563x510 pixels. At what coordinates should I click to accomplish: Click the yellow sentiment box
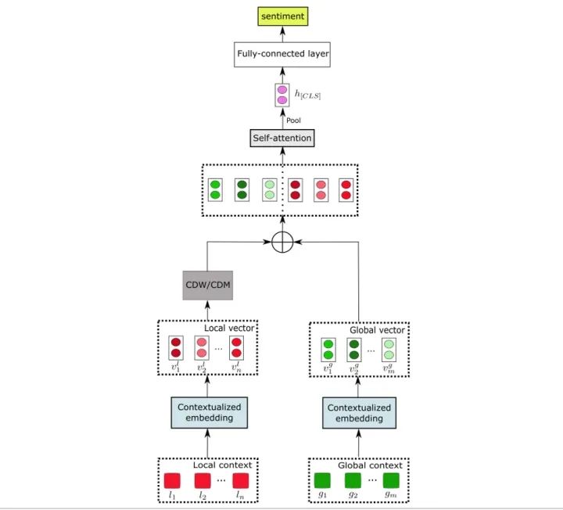(282, 15)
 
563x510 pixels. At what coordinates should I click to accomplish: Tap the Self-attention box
(282, 138)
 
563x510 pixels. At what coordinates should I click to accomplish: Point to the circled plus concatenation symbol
(282, 242)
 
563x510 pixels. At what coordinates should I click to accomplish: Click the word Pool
(293, 120)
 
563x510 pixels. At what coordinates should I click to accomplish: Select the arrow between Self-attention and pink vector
(282, 119)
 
